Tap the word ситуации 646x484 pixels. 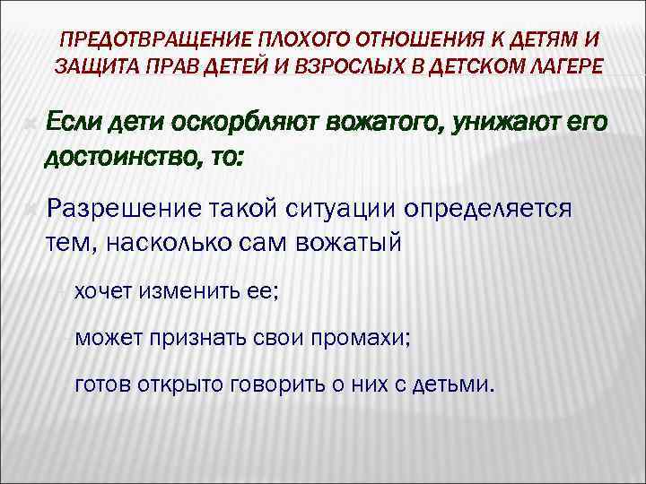pyautogui.click(x=339, y=210)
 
